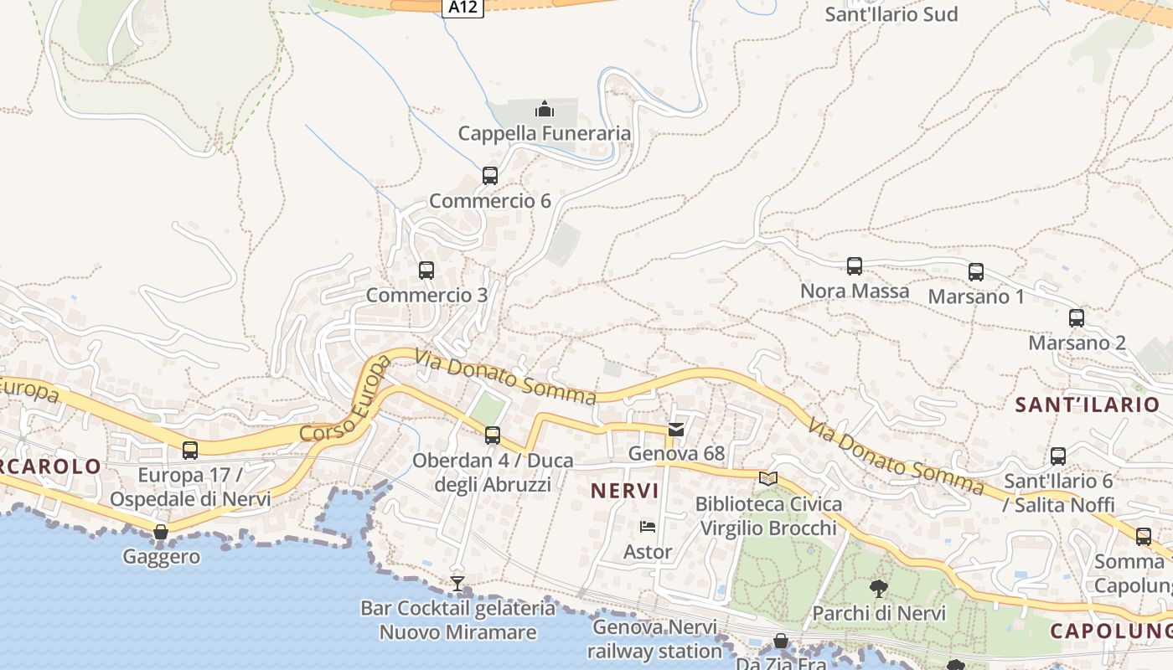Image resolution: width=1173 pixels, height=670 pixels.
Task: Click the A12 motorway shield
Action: [x=463, y=7]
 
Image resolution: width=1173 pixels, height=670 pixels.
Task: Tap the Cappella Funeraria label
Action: [x=545, y=133]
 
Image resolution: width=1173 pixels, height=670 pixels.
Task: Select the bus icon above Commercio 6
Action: [x=490, y=176]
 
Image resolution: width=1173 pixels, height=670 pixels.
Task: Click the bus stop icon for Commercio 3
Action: [x=426, y=271]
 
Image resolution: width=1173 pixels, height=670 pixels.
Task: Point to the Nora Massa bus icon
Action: [x=855, y=266]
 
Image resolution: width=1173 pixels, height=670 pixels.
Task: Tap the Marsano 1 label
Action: [x=976, y=296]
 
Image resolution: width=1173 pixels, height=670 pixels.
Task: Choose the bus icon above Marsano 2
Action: [x=1077, y=318]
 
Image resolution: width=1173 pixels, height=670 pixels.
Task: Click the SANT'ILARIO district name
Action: [x=1087, y=405]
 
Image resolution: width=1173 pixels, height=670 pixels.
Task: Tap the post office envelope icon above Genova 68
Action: [x=676, y=430]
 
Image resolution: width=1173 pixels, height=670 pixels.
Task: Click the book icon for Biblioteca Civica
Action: [x=768, y=478]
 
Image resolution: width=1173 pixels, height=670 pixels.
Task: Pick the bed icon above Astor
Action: [x=648, y=527]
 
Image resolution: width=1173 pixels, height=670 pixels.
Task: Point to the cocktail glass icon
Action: [x=457, y=583]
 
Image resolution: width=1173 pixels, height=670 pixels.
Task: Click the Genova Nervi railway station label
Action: [x=654, y=639]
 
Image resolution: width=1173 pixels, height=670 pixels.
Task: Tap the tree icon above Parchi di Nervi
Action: [x=879, y=588]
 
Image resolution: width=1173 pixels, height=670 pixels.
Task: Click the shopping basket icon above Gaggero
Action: [x=161, y=532]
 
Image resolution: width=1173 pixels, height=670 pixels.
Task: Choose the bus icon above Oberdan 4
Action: [x=493, y=435]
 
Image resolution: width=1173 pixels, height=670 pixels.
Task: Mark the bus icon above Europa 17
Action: [x=190, y=451]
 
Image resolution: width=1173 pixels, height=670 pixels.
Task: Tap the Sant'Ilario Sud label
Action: [x=891, y=14]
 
